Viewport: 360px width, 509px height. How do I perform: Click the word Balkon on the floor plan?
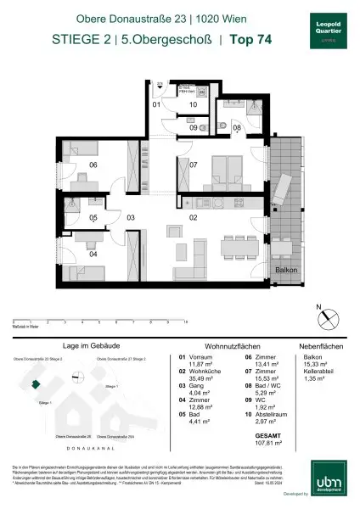[284, 269]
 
